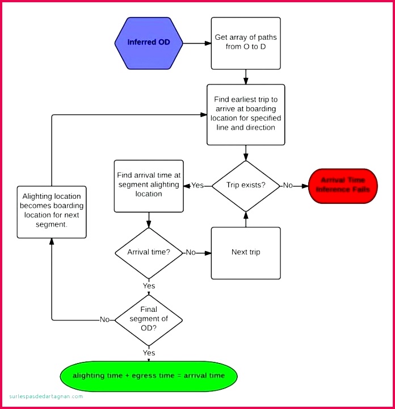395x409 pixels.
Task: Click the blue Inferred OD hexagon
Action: pos(149,43)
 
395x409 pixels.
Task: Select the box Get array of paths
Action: pos(246,43)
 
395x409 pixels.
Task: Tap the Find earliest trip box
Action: pos(246,114)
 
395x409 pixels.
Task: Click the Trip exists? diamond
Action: pos(246,185)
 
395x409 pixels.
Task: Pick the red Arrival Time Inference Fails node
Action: pos(343,186)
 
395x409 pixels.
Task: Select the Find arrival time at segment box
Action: pos(149,185)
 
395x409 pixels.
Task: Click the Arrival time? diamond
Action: pos(149,252)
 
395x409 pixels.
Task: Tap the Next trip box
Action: pos(246,252)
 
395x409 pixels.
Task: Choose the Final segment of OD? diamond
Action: pos(149,319)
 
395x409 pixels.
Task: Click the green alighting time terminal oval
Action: pos(149,376)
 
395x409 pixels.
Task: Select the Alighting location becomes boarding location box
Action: pos(52,211)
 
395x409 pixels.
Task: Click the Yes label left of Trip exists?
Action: pos(197,186)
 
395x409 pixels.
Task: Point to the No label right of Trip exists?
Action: pos(288,186)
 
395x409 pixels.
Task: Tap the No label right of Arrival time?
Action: pos(191,252)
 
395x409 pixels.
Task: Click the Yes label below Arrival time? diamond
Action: pos(149,286)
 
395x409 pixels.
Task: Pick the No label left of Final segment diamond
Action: pos(105,320)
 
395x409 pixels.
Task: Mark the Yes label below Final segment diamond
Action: pos(149,353)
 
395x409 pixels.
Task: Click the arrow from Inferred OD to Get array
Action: pos(197,43)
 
